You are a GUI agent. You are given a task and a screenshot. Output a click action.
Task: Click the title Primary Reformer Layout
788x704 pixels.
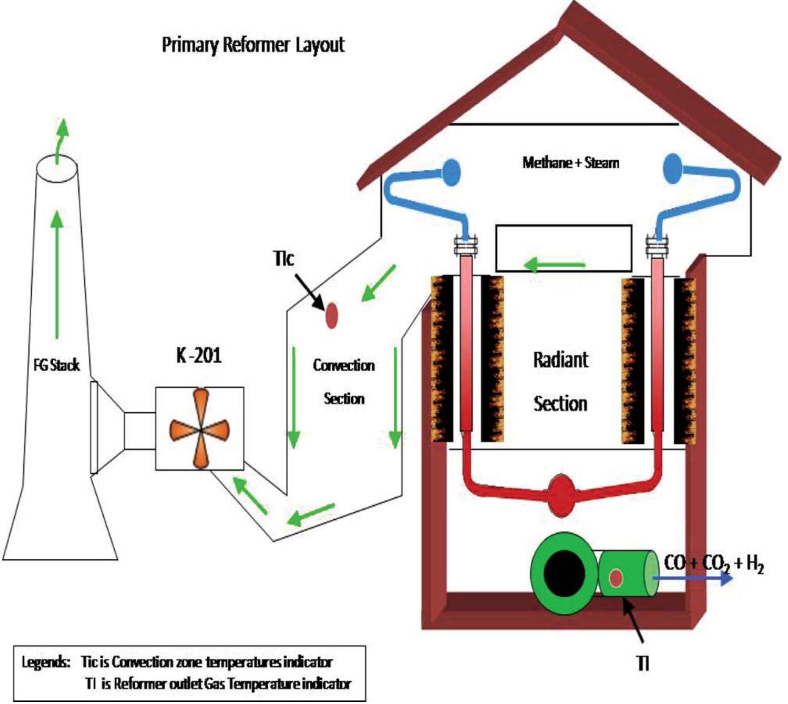pyautogui.click(x=253, y=45)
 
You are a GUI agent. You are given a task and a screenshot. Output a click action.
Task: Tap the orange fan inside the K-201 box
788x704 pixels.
pyautogui.click(x=200, y=429)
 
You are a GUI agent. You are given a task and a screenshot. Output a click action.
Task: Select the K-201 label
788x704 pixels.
pyautogui.click(x=198, y=356)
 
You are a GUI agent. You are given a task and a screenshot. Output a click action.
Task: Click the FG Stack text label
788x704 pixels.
pyautogui.click(x=56, y=365)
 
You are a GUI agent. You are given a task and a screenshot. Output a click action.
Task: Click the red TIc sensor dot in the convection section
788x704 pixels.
pyautogui.click(x=331, y=316)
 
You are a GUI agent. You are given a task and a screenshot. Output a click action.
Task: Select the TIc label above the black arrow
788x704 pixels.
pyautogui.click(x=284, y=258)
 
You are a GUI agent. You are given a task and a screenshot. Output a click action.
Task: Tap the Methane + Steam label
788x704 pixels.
pyautogui.click(x=571, y=162)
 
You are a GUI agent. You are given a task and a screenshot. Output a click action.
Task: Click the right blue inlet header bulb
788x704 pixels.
pyautogui.click(x=673, y=168)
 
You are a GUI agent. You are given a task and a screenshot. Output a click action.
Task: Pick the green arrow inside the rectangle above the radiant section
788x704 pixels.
pyautogui.click(x=554, y=265)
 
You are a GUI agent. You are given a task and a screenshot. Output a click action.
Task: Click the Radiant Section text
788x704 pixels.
pyautogui.click(x=560, y=382)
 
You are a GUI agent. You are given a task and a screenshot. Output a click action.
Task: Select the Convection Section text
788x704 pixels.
pyautogui.click(x=344, y=382)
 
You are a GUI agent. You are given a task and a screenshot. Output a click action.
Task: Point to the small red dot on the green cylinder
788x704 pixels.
pyautogui.click(x=616, y=577)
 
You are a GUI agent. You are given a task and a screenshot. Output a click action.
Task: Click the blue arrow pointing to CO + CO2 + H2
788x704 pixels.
pyautogui.click(x=693, y=578)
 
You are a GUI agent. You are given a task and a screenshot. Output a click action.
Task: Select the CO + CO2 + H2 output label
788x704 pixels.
pyautogui.click(x=714, y=563)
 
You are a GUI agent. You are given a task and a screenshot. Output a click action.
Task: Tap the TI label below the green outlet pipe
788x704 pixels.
pyautogui.click(x=644, y=663)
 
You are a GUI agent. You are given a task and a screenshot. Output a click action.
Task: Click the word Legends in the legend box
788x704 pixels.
pyautogui.click(x=46, y=662)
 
